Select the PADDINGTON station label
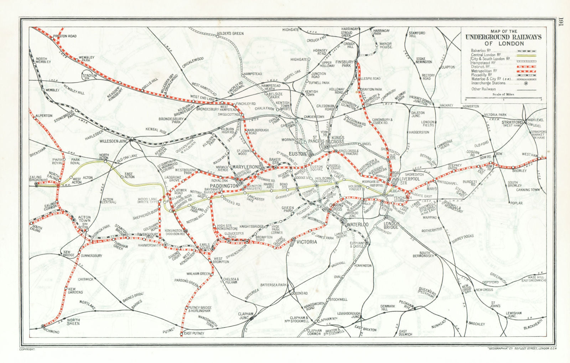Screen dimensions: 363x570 [x=224, y=186]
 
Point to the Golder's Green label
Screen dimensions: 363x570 [x=230, y=34]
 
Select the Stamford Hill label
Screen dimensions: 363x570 [x=417, y=35]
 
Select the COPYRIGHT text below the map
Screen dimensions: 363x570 [x=27, y=350]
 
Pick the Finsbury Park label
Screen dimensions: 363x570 [x=344, y=63]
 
